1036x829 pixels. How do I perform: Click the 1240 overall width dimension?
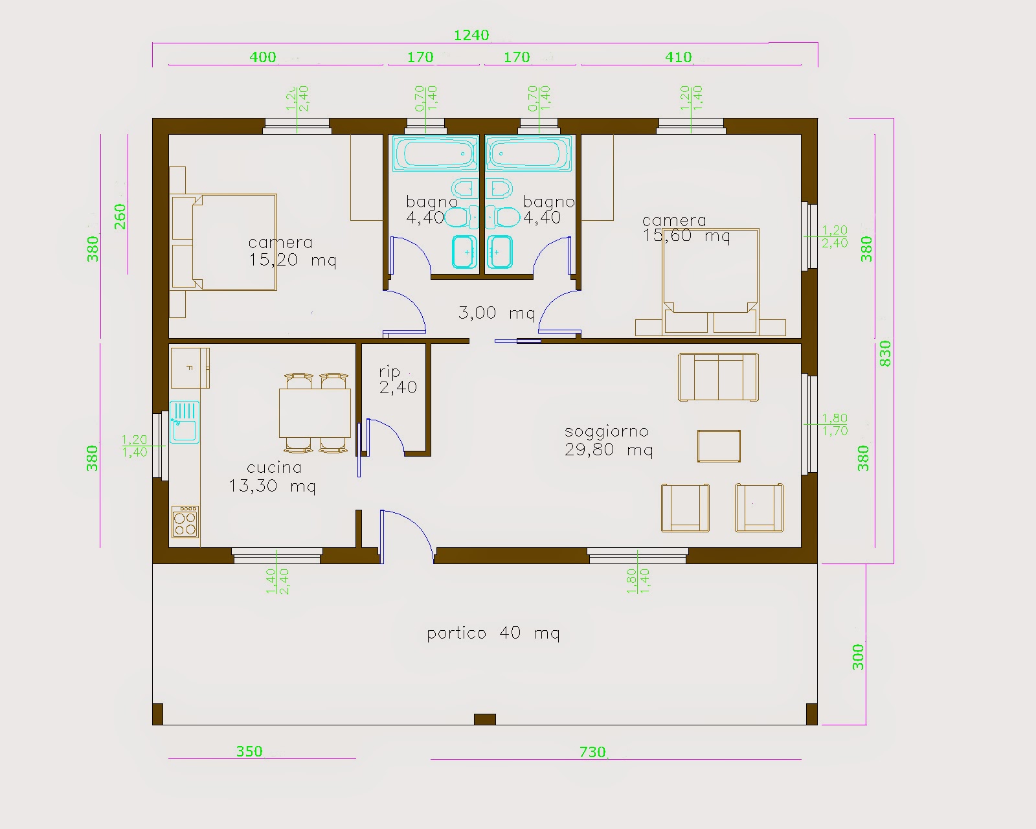click(x=471, y=35)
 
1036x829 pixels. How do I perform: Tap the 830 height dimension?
click(x=885, y=354)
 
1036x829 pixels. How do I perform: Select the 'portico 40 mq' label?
click(x=493, y=633)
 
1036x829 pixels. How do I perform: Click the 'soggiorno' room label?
click(x=607, y=431)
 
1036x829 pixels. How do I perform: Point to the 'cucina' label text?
click(x=274, y=467)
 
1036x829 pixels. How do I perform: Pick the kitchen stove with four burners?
click(x=185, y=521)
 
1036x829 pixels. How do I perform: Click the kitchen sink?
click(x=185, y=422)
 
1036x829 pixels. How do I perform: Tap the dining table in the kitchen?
click(x=315, y=413)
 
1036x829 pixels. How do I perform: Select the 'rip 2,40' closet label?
click(x=398, y=380)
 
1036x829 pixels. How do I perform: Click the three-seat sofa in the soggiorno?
click(x=718, y=377)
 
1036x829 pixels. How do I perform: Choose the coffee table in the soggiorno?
click(x=719, y=446)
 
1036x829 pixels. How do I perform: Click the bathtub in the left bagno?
click(x=435, y=153)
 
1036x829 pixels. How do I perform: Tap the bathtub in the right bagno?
click(x=528, y=153)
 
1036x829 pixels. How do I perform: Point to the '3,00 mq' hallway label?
click(x=497, y=313)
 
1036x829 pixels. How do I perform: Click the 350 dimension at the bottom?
click(x=249, y=751)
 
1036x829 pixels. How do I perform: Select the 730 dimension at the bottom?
click(x=592, y=752)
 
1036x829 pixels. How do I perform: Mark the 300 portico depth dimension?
click(x=858, y=657)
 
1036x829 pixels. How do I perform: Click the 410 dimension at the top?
click(x=679, y=58)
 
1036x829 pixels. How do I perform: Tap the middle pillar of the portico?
click(x=485, y=719)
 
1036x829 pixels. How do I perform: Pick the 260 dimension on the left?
click(x=120, y=216)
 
